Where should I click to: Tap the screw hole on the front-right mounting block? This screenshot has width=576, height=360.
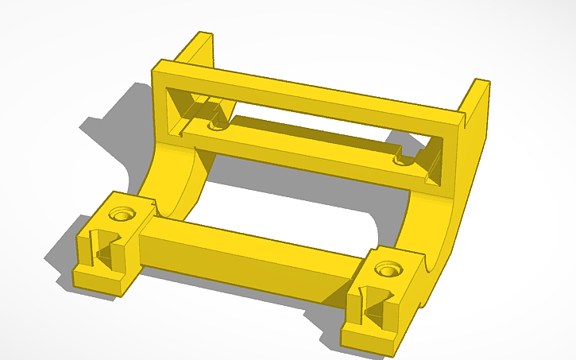click(x=387, y=271)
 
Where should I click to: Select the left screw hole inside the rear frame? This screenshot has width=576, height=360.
click(x=215, y=125)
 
